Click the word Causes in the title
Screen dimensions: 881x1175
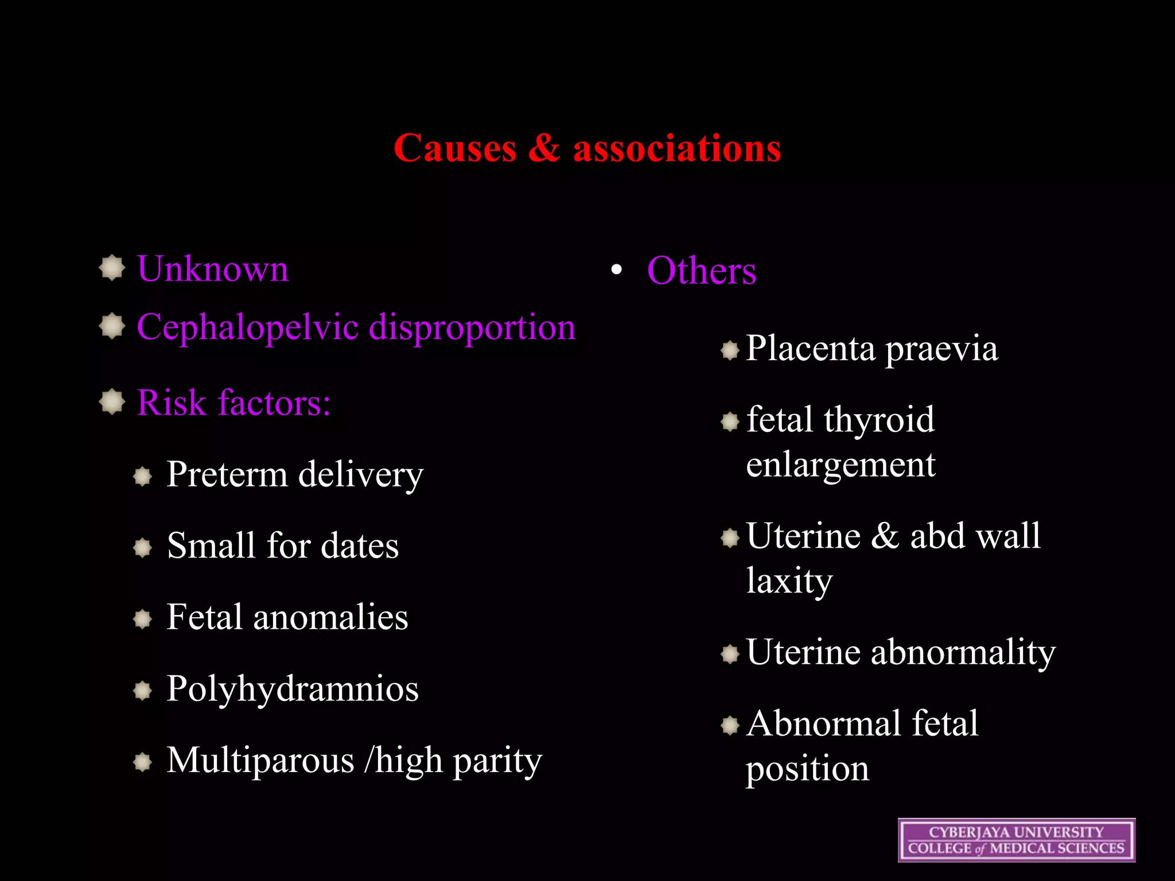pos(455,149)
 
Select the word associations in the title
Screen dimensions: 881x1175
pos(677,149)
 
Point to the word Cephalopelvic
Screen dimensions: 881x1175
pos(248,328)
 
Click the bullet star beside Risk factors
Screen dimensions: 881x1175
pos(112,401)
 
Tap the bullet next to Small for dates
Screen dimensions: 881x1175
pos(142,547)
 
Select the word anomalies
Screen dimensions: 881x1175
pos(330,618)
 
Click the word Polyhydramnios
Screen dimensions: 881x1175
pos(293,689)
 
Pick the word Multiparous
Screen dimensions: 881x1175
pos(260,761)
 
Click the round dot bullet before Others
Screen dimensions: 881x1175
pos(617,270)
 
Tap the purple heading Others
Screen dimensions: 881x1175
pos(702,271)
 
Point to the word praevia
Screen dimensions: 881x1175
pos(941,349)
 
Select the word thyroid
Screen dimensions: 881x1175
pos(879,420)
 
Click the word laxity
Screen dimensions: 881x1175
pos(789,582)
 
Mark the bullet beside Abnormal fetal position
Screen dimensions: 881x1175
pos(730,726)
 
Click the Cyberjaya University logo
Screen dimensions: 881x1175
pos(1016,840)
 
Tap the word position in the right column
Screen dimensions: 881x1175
pos(807,769)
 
